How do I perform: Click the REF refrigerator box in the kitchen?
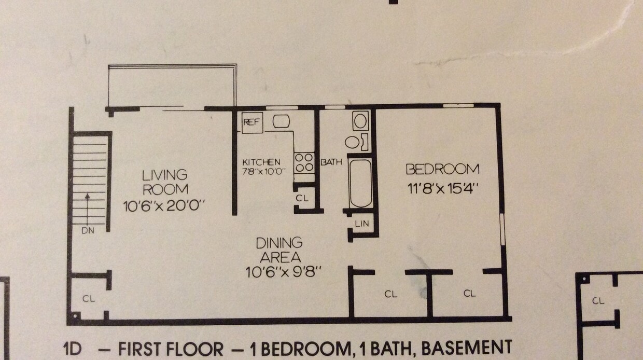click(x=252, y=123)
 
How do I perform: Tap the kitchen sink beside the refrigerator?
click(x=281, y=121)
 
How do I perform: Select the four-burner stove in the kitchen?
click(x=304, y=162)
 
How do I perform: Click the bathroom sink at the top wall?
click(x=360, y=120)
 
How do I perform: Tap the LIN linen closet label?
click(x=361, y=224)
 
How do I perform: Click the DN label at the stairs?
click(x=88, y=231)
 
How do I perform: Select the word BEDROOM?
click(x=442, y=169)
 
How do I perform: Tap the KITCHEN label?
click(x=261, y=162)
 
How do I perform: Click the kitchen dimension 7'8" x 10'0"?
click(x=264, y=171)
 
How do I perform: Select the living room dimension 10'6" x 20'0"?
click(x=165, y=206)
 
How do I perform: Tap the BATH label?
click(x=331, y=162)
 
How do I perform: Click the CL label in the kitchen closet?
click(x=302, y=198)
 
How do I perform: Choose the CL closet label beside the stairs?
click(x=89, y=299)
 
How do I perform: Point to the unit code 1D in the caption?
click(x=73, y=349)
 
